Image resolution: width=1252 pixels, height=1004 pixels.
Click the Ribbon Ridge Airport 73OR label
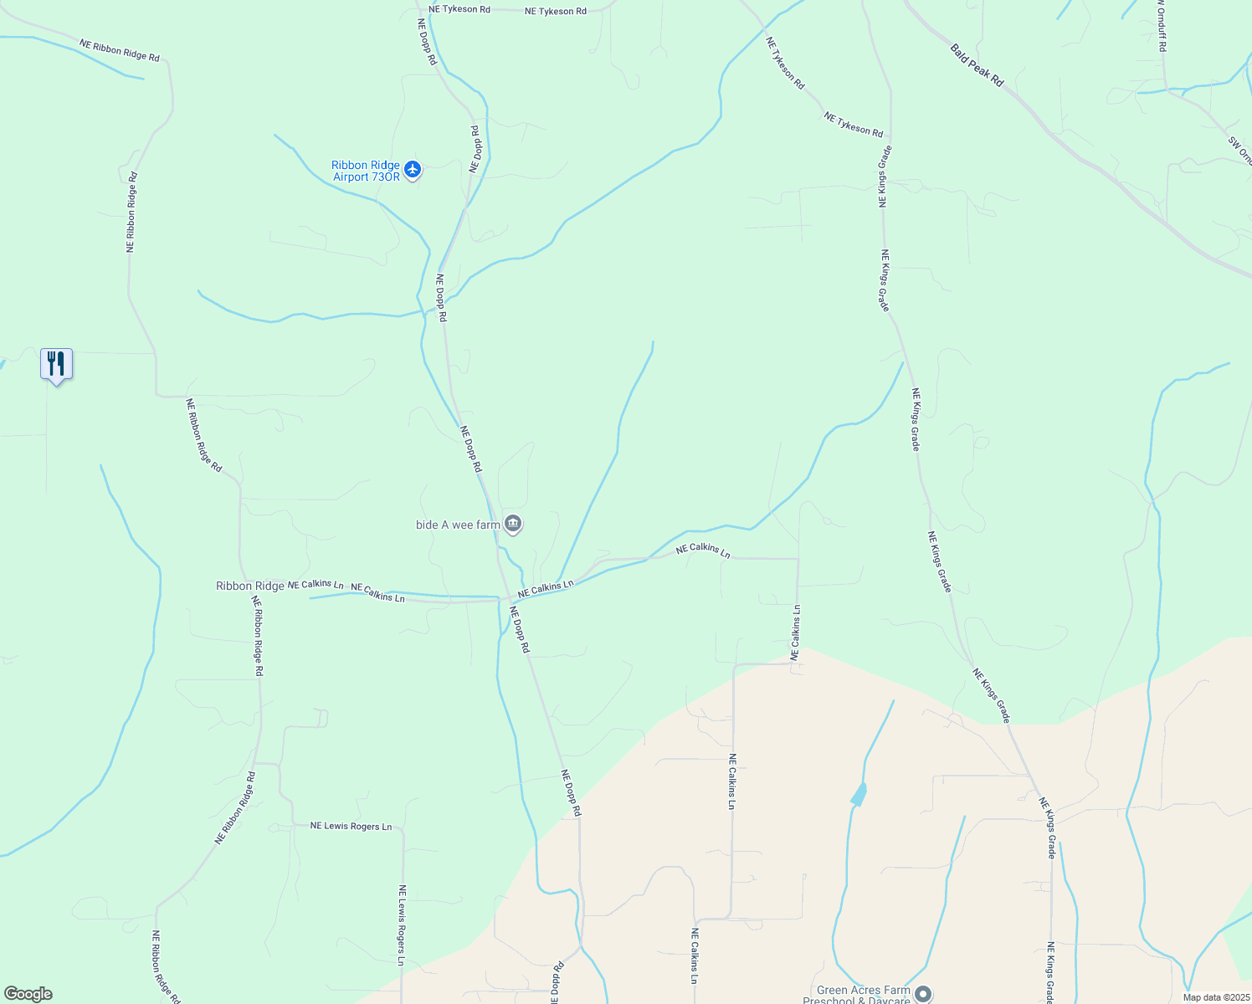tap(365, 171)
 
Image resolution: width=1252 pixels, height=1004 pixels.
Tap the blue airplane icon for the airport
tap(412, 169)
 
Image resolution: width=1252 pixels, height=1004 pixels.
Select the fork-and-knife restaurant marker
tap(56, 364)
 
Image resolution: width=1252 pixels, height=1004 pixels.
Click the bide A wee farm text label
tap(458, 525)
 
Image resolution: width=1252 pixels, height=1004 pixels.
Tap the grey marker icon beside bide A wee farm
tap(513, 525)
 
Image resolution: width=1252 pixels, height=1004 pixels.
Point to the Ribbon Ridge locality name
tap(250, 586)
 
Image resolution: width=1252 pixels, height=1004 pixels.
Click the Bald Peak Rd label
tap(977, 65)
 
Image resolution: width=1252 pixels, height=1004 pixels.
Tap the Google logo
tap(28, 994)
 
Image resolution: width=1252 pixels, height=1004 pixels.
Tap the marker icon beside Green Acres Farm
tap(923, 994)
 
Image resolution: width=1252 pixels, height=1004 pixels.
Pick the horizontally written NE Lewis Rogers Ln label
tap(351, 827)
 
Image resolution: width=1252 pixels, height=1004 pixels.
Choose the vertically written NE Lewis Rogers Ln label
tap(403, 925)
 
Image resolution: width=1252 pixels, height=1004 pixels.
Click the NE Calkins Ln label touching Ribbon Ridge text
tap(316, 584)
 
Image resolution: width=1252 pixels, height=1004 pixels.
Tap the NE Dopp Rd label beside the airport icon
tap(475, 149)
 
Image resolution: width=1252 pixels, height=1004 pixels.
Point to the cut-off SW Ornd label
tap(1240, 151)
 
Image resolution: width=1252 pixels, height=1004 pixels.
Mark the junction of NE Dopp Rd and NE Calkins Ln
tap(506, 598)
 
